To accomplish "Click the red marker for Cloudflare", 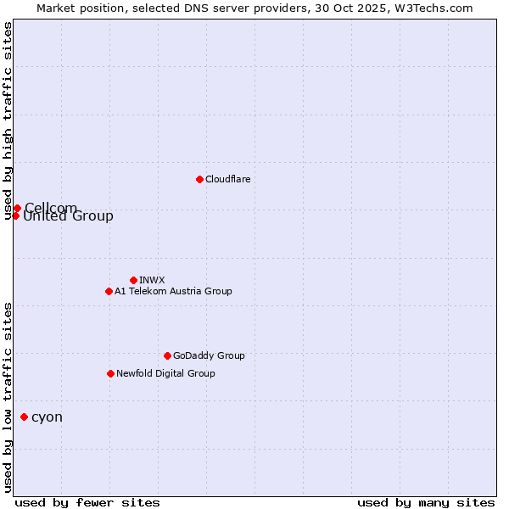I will [x=199, y=179].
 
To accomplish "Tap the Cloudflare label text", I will [x=227, y=179].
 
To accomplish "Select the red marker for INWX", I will [x=133, y=280].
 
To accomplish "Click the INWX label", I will [x=152, y=280].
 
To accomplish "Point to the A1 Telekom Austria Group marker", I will [x=109, y=291].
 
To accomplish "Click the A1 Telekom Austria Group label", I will [x=173, y=291].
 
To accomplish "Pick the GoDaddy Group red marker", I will [x=167, y=355].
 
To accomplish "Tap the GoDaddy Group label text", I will [x=209, y=355].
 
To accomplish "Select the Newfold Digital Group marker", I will [x=110, y=373].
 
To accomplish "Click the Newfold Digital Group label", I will [x=165, y=373].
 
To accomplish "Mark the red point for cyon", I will [x=24, y=417].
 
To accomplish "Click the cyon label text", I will [x=47, y=417].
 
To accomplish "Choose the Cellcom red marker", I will [x=17, y=208].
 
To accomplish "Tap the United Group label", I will [x=68, y=216].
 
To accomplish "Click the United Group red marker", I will [x=15, y=215].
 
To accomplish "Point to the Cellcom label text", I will [x=51, y=208].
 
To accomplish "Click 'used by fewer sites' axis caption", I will [x=87, y=502].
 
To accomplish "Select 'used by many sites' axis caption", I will [x=426, y=502].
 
